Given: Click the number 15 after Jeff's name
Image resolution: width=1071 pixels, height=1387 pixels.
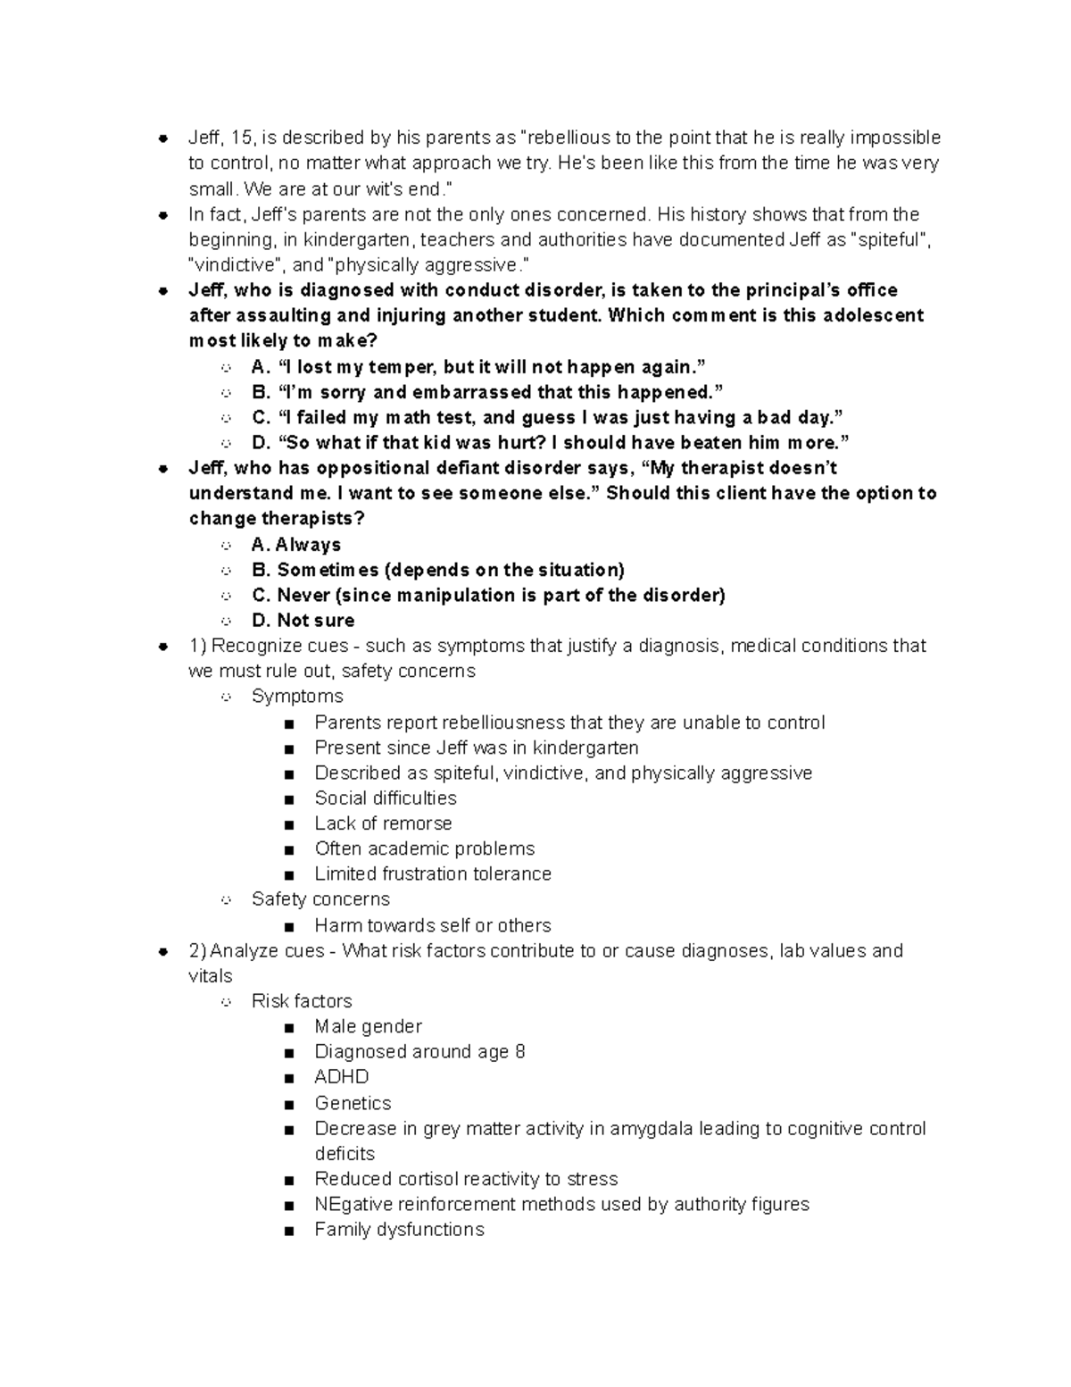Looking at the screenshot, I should coord(241,138).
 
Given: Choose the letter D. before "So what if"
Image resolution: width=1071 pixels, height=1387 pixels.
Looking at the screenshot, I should coord(262,443).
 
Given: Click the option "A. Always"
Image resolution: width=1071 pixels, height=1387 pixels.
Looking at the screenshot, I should coord(296,545).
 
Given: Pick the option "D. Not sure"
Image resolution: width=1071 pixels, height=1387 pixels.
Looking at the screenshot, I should coord(303,621).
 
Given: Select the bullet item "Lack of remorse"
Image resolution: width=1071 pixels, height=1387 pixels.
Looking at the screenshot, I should coord(383,823).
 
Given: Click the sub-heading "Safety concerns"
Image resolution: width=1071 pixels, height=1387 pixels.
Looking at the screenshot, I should coord(320,899).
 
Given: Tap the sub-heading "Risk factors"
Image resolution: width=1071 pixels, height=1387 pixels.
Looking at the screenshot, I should coord(302,1001).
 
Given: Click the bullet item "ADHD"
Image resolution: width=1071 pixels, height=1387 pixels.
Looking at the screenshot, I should coord(342,1077).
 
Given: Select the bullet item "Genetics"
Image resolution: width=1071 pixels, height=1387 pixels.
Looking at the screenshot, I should coord(353,1103).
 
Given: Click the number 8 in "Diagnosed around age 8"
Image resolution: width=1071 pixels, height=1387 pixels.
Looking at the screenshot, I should coord(520,1052).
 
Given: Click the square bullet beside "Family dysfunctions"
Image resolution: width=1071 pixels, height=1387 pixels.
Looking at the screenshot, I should coord(288,1231).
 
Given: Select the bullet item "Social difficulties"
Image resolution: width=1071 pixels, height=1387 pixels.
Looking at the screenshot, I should coord(386,798).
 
